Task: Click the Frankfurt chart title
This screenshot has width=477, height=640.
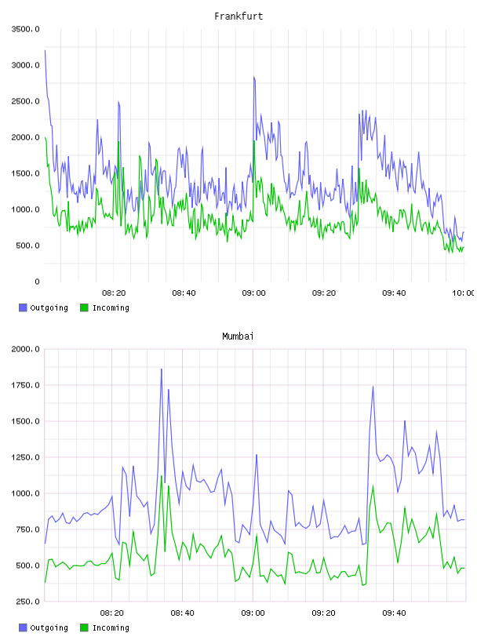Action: click(x=238, y=16)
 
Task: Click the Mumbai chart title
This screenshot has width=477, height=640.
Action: click(x=238, y=336)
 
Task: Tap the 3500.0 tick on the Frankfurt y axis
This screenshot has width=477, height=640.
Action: click(x=25, y=29)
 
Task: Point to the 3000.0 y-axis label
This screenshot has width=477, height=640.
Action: click(x=25, y=65)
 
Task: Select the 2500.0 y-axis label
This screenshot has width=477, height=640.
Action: click(x=25, y=101)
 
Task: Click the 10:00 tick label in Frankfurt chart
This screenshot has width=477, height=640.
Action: click(x=464, y=293)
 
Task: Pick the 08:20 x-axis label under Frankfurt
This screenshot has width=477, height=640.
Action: click(x=114, y=293)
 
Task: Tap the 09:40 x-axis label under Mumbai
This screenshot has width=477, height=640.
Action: click(x=394, y=613)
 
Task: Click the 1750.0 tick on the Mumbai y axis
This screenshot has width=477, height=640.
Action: click(x=25, y=385)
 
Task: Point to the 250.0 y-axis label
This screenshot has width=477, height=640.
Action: click(x=27, y=602)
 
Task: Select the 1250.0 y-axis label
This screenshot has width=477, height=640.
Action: click(x=25, y=457)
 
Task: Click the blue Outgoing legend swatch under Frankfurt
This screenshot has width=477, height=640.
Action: click(x=23, y=307)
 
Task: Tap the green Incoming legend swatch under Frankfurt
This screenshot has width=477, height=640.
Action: click(x=84, y=307)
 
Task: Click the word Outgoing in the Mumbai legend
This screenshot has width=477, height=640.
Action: click(x=49, y=627)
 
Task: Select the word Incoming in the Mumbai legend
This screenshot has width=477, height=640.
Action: click(x=111, y=627)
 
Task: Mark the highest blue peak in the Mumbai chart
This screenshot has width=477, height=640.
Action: click(x=162, y=369)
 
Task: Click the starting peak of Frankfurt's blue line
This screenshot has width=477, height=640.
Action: click(x=45, y=51)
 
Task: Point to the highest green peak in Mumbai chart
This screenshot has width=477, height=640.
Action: click(x=162, y=475)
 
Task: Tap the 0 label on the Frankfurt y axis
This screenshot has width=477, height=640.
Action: click(x=37, y=282)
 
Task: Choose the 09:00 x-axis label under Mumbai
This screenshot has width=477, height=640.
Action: click(x=253, y=613)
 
